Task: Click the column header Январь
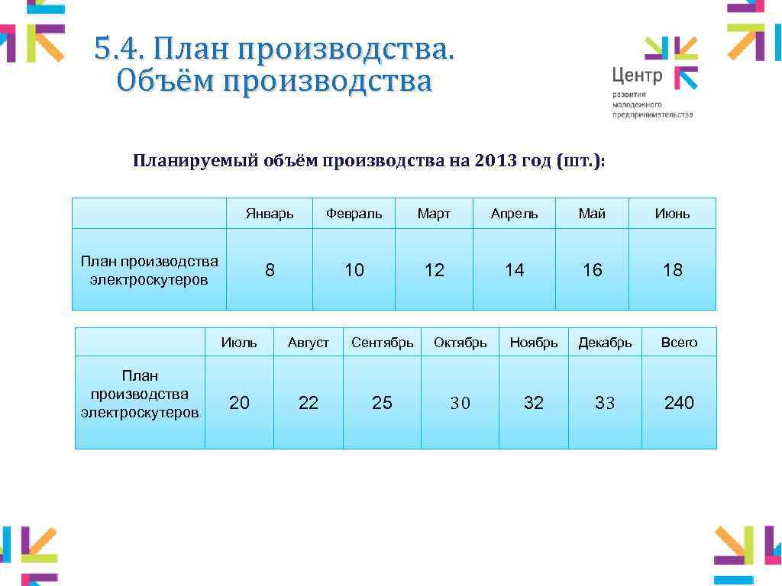tap(270, 214)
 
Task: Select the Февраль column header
tap(354, 214)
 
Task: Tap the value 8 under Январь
tap(270, 270)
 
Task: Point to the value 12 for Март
tap(434, 270)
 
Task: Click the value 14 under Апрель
tap(514, 270)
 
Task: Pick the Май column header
tap(592, 214)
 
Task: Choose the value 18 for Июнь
tap(672, 270)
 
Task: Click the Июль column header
tap(239, 343)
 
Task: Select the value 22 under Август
tap(308, 403)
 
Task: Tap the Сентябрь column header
tap(382, 343)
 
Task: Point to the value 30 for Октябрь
tap(460, 403)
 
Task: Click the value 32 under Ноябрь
tap(533, 403)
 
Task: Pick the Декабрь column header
tap(605, 343)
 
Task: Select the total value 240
tap(679, 403)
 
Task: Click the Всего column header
tap(679, 343)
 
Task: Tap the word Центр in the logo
tap(637, 75)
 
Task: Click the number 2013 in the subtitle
tap(495, 161)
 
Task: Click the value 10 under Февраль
tap(354, 270)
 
